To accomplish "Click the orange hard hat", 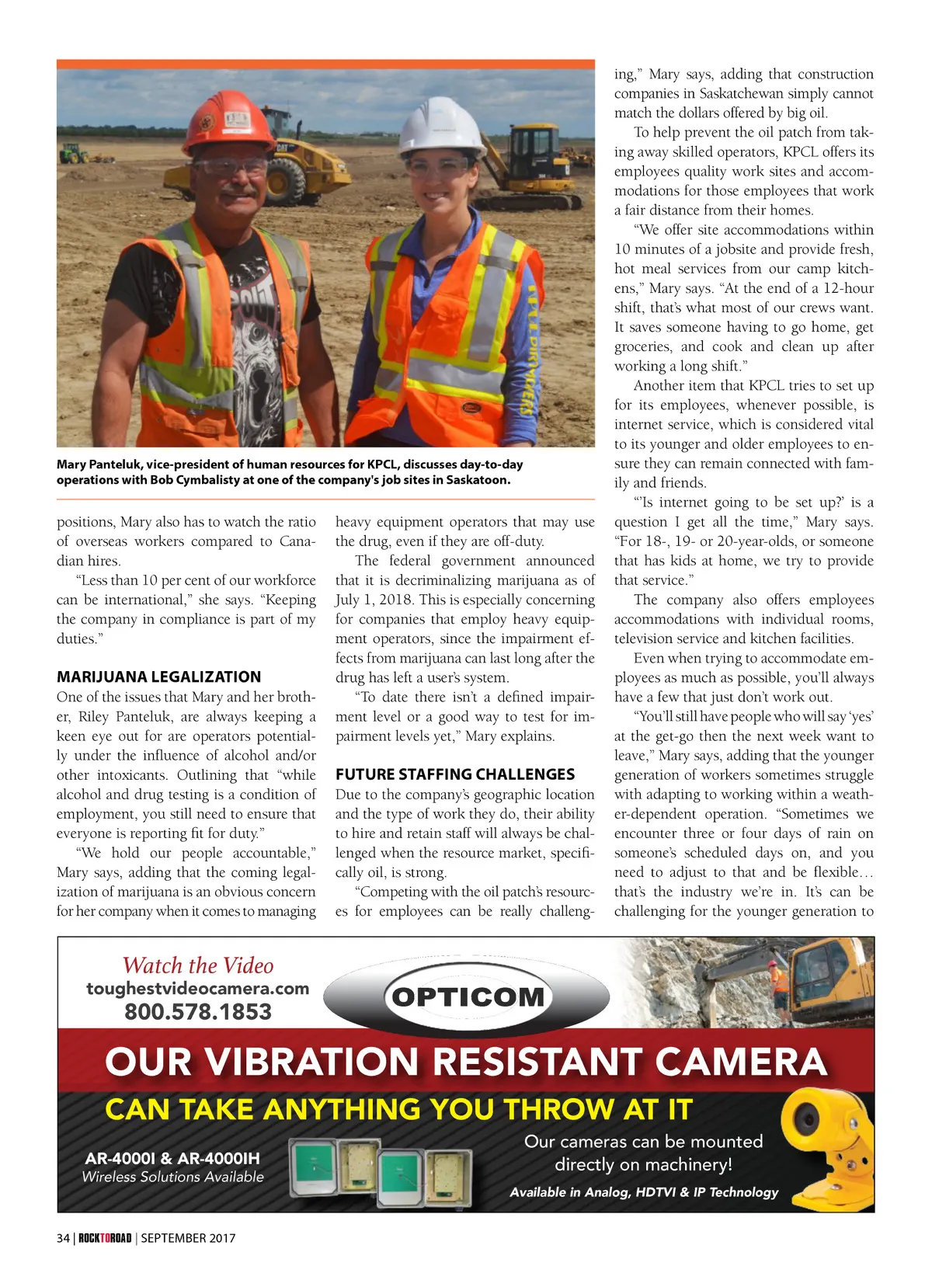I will tap(230, 120).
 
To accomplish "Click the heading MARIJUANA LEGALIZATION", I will tap(158, 676).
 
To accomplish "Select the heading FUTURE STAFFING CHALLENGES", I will tap(455, 774).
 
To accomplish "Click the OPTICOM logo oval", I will tap(468, 996).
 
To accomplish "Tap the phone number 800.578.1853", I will tap(198, 1012).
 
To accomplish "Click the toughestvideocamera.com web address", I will tap(197, 989).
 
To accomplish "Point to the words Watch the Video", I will tap(198, 965).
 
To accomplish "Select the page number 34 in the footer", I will tap(63, 1238).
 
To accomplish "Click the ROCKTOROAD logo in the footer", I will tap(105, 1238).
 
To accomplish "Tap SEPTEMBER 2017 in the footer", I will tap(188, 1238).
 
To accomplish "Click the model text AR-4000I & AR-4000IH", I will tap(172, 1158).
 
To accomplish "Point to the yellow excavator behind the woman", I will tap(536, 167).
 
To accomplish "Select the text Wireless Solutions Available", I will tap(172, 1177).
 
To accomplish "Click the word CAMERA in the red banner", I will tap(741, 1061).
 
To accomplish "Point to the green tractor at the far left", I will tap(73, 152).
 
